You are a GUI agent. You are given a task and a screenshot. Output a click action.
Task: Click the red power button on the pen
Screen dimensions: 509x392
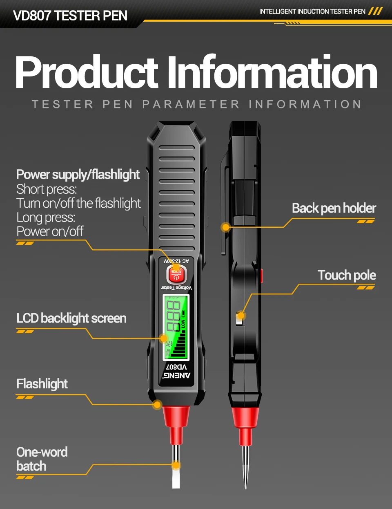point(176,274)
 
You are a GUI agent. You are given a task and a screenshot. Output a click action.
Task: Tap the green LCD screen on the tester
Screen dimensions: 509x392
point(176,327)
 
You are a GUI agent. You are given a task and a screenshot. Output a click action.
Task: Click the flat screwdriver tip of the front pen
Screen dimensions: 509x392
point(176,476)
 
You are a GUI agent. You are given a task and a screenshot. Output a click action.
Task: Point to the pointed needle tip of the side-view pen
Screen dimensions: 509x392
point(245,478)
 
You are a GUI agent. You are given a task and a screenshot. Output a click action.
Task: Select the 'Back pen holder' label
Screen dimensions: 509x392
point(334,208)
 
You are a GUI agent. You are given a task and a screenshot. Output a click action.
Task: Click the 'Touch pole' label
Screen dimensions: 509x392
point(346,275)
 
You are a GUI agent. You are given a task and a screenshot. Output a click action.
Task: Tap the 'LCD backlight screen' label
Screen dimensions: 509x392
point(71,318)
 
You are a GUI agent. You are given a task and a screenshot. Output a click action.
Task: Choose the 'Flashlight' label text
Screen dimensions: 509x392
point(42,383)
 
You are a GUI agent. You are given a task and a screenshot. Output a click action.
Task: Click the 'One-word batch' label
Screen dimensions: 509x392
point(42,459)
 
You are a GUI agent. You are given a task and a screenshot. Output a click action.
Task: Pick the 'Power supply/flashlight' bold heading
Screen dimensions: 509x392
point(78,175)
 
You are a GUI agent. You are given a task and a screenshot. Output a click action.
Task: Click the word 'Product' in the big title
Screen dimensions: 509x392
point(87,72)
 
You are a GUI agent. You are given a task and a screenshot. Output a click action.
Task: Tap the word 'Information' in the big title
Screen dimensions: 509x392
point(272,72)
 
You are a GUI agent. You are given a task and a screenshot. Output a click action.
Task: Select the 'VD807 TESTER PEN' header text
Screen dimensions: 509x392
point(70,16)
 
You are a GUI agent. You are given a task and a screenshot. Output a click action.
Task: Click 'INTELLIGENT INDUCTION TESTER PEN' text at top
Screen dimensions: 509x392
point(312,11)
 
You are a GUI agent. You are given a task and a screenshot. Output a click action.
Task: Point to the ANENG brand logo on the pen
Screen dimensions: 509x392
point(176,375)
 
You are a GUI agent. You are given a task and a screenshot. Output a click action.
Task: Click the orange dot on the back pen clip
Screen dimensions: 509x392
point(226,227)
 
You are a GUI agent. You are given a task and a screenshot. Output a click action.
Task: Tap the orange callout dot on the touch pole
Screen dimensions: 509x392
point(241,315)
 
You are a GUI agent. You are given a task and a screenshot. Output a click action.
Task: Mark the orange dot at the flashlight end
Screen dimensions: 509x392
point(157,405)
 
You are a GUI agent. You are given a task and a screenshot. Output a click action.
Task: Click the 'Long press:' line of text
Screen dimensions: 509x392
point(46,217)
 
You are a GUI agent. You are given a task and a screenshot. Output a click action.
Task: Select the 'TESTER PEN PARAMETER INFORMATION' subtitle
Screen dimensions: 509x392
point(196,104)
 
